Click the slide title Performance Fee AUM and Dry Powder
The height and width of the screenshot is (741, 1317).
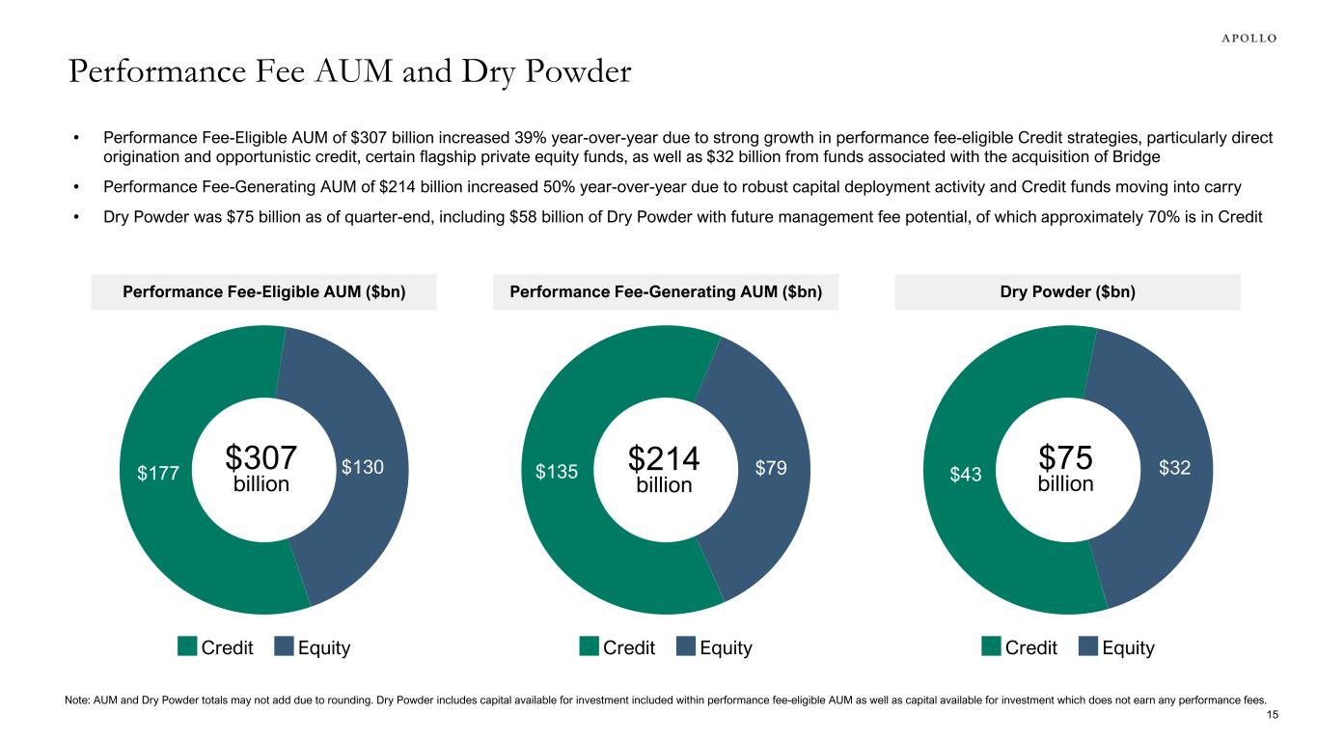349,72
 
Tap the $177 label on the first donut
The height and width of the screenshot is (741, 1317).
156,472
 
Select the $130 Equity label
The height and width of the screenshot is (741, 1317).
363,468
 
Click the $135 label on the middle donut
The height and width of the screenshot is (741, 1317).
557,472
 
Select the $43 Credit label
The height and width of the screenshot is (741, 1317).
965,472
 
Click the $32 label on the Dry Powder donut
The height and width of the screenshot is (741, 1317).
1173,468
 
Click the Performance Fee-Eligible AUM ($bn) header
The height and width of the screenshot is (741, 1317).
263,292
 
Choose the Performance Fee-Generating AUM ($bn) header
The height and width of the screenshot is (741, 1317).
666,292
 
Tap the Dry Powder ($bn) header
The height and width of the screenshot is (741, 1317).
1067,292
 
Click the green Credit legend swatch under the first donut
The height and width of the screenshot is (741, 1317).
187,646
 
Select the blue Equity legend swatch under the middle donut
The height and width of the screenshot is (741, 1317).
686,646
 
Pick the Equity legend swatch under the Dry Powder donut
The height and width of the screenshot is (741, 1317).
1087,646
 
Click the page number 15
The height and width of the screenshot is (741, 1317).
1272,715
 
